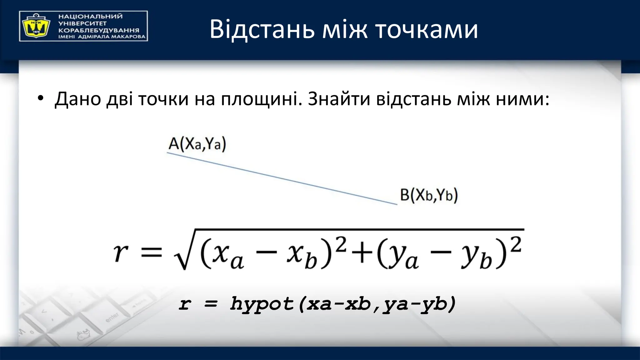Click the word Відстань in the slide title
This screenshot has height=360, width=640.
pos(262,29)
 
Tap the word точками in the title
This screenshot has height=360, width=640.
pos(426,29)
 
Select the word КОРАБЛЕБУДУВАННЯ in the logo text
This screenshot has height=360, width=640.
pos(99,30)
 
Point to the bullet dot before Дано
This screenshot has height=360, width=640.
pos(40,99)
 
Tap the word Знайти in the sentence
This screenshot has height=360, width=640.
pos(339,99)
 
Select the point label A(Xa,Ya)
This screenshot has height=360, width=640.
pos(197,144)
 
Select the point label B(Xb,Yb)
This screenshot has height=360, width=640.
pos(429,195)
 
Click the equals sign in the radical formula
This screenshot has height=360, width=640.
pos(152,252)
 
